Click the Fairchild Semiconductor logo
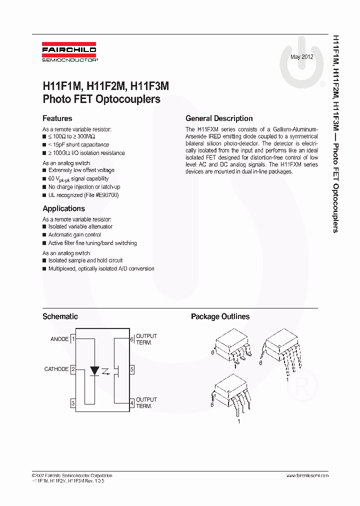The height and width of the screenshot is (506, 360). pos(69,53)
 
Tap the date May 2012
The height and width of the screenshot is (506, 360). pos(302,57)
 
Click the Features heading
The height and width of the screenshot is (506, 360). pos(57,118)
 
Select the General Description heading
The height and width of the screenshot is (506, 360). pos(219,118)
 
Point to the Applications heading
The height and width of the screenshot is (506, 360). pos(63,208)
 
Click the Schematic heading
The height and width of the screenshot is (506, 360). pos(60,316)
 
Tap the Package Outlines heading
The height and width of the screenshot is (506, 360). pos(220,316)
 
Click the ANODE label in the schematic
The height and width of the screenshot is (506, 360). pos(59,339)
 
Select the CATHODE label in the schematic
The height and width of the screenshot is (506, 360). pos(56,369)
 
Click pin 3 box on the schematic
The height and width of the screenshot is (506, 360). pos(73,403)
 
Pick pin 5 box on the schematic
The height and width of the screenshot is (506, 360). pos(131,370)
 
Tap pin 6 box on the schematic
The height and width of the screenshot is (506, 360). pos(131,339)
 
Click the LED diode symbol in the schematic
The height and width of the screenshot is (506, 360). pos(94,370)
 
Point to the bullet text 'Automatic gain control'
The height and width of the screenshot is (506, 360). pos(74,234)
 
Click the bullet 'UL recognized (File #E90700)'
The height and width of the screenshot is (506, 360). pos(83,195)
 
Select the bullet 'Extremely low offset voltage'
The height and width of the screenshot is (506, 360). pos(81,170)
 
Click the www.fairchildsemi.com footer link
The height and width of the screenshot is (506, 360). pos(307,475)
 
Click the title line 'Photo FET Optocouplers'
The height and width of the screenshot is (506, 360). pos(101,99)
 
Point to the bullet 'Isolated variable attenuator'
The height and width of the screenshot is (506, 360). pos(80,226)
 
